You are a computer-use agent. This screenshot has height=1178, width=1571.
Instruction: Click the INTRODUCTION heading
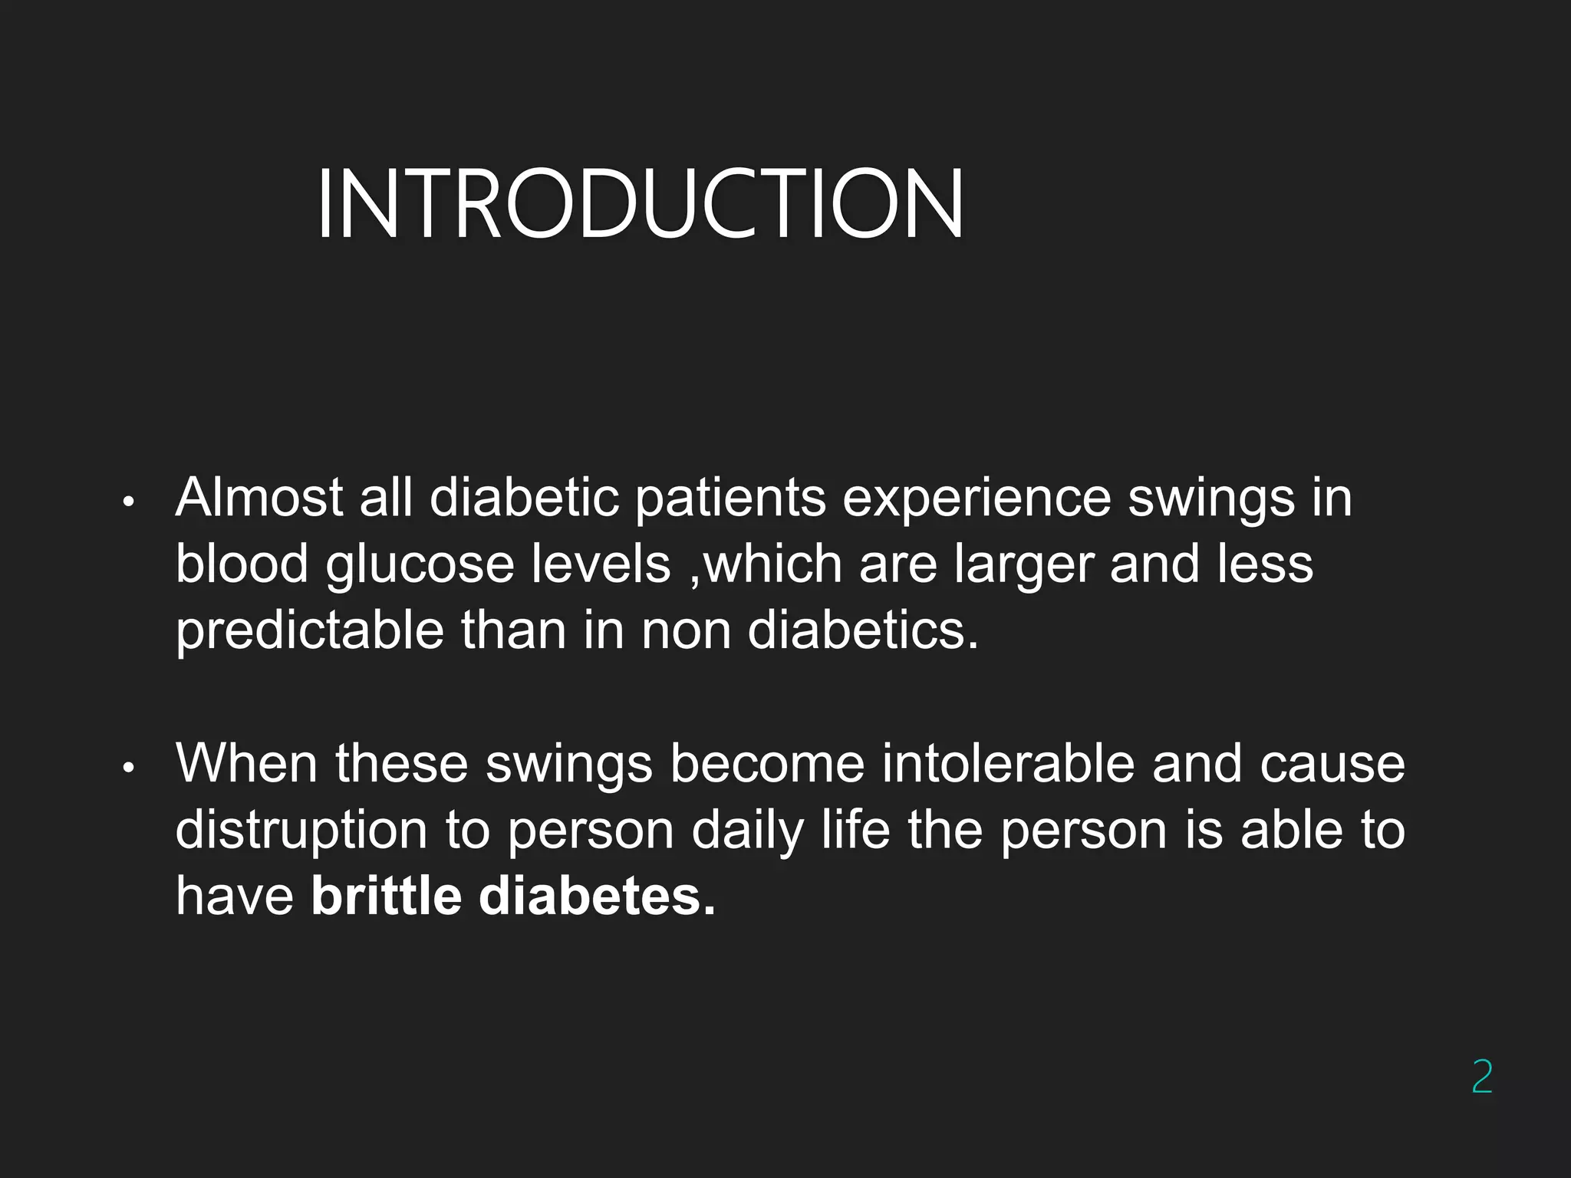[x=640, y=205]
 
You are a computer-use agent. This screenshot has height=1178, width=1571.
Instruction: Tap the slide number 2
[x=1482, y=1077]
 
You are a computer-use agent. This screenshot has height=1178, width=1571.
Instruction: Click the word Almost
[x=259, y=498]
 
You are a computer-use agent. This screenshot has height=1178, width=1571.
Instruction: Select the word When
[x=246, y=763]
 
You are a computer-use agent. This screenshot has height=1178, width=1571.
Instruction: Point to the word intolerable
[x=1007, y=763]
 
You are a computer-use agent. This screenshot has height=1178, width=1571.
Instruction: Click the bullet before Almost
[x=129, y=502]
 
